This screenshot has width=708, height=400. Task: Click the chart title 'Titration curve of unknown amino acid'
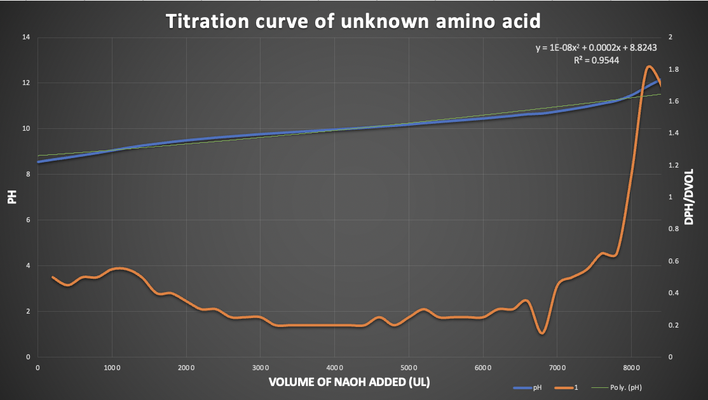coord(353,21)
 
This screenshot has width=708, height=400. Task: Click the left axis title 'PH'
coord(11,198)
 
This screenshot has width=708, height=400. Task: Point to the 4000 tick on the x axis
coord(334,368)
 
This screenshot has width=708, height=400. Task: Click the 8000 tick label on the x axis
coord(631,368)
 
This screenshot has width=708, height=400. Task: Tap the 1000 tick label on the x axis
coord(112,368)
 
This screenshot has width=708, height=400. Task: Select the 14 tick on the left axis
coord(26,37)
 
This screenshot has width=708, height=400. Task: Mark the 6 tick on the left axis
coord(28,220)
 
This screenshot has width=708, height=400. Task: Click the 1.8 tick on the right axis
coord(674,69)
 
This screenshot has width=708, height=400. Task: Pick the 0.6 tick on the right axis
coord(674,261)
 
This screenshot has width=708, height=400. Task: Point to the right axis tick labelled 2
coord(671,37)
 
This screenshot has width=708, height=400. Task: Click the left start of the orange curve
coord(53,277)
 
